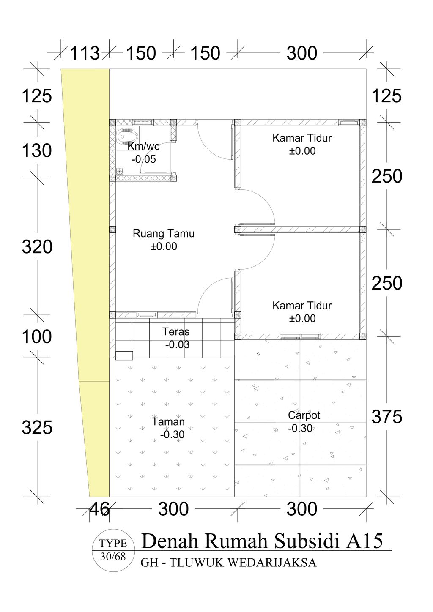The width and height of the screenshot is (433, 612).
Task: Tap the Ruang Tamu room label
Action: (164, 234)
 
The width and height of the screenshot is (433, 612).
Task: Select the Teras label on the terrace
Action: (176, 331)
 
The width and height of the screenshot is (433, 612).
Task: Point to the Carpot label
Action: (304, 415)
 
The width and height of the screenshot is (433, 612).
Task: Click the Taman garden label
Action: (168, 421)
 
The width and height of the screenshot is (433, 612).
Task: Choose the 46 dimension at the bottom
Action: (99, 509)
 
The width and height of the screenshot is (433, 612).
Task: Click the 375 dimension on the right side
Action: (386, 417)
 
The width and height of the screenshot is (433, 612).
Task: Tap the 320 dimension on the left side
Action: (37, 247)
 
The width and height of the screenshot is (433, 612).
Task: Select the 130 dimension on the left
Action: (37, 150)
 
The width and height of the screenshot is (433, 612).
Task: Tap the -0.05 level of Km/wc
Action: (143, 159)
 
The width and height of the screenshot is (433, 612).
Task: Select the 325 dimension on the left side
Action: (37, 428)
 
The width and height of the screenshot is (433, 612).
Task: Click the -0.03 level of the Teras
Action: (177, 345)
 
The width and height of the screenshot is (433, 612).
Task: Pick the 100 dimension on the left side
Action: (37, 336)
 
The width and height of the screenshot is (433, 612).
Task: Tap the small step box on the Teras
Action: (124, 355)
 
